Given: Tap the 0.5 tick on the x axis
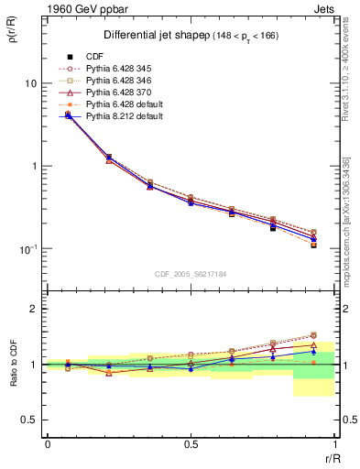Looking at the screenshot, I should (191, 444).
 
